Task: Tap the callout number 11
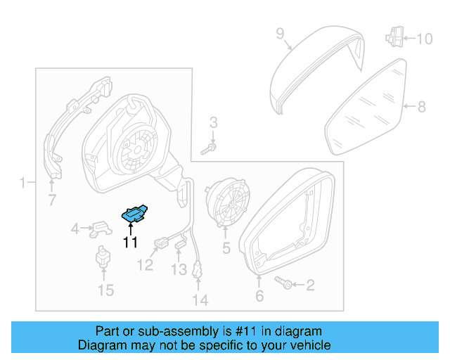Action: point(130,243)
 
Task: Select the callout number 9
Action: point(279,33)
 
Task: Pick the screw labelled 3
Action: point(210,148)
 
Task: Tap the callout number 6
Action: point(259,297)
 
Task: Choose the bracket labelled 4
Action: point(101,228)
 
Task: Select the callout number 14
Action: point(200,300)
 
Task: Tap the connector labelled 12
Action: point(160,245)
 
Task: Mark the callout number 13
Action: point(179,269)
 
